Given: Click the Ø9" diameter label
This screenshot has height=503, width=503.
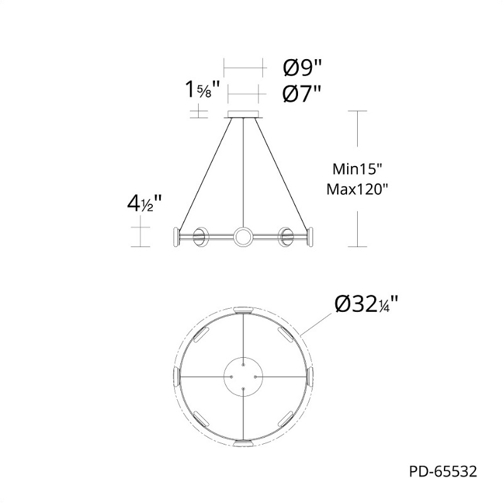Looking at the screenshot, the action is coord(302,68).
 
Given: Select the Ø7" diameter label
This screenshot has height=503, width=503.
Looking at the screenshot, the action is coord(302,94).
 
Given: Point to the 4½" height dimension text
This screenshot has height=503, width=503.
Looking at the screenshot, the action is coord(144,204).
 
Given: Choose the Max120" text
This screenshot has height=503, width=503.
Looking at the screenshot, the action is coord(357,190).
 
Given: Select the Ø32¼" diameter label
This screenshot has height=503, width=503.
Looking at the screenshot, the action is coord(367,304).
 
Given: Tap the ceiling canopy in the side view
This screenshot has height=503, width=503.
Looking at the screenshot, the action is coord(244,114).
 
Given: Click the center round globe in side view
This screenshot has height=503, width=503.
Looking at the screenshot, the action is coord(244,237).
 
